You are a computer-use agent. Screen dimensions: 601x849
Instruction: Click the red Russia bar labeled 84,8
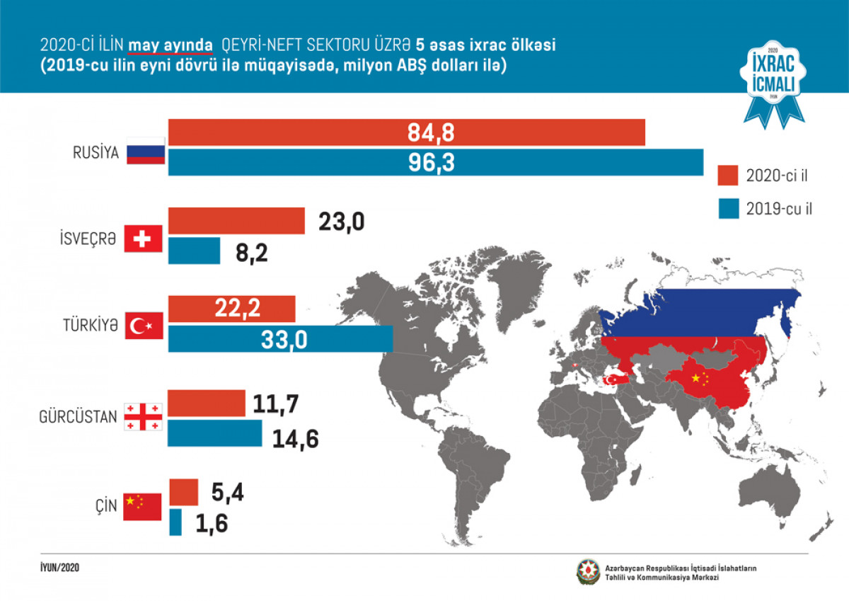(406, 132)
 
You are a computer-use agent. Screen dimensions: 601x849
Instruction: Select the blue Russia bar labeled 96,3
(435, 162)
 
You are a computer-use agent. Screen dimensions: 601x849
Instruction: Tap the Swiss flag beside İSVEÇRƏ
(144, 239)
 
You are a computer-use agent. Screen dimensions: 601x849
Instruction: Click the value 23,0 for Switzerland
(342, 222)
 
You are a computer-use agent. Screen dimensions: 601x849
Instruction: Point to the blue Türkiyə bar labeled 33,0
(280, 340)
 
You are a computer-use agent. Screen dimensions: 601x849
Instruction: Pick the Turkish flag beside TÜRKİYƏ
(144, 327)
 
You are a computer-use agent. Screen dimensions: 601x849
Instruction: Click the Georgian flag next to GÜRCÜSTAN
(144, 416)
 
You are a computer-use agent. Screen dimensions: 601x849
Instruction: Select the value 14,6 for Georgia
(296, 439)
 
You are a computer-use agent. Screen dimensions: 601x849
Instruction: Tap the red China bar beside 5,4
(183, 491)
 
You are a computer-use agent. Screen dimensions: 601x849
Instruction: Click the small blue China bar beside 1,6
(175, 522)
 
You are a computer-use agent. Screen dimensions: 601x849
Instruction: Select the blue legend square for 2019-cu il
(728, 209)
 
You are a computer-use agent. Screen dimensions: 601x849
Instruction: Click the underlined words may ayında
(171, 45)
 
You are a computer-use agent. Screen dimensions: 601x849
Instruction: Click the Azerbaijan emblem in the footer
(587, 573)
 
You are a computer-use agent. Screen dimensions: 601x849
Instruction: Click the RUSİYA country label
(95, 152)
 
